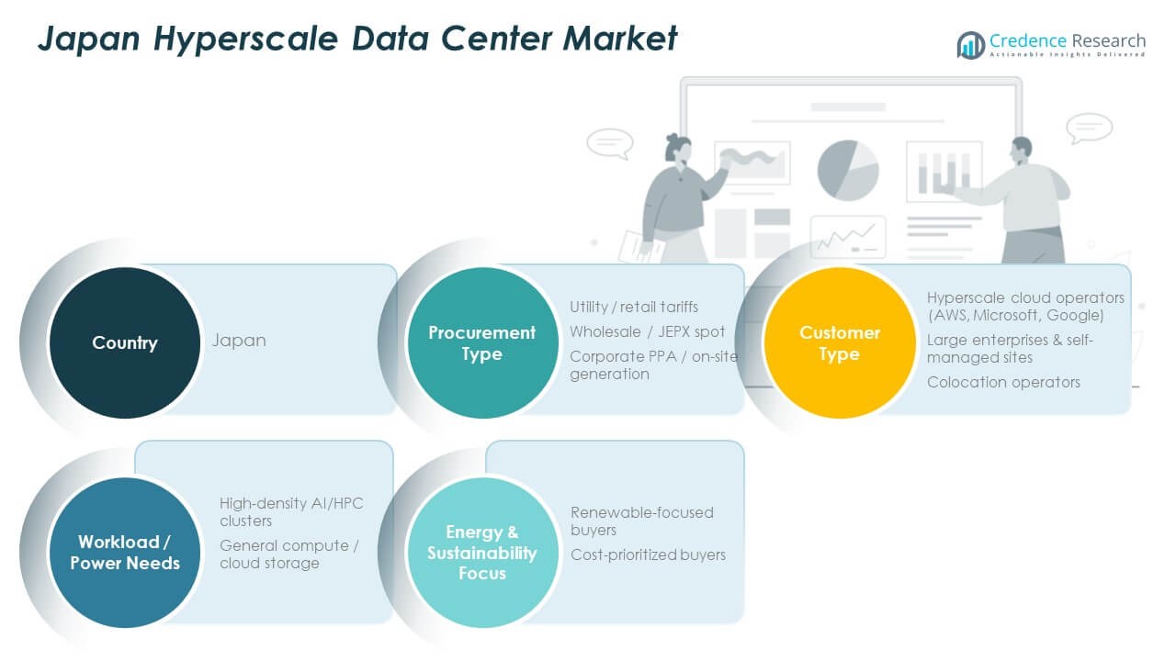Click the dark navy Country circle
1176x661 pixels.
pyautogui.click(x=124, y=342)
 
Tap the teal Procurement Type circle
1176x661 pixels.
pyautogui.click(x=481, y=342)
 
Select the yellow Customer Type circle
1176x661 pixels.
pyautogui.click(x=839, y=342)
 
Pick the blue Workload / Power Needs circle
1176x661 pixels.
pyautogui.click(x=124, y=553)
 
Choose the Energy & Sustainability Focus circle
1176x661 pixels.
pyautogui.click(x=481, y=553)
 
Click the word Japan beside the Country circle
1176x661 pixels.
pyautogui.click(x=239, y=340)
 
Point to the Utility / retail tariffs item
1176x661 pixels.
pyautogui.click(x=633, y=307)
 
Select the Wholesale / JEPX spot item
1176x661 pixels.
pyautogui.click(x=647, y=331)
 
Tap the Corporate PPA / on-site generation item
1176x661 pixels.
pyautogui.click(x=653, y=364)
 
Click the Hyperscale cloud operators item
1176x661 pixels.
pyautogui.click(x=1024, y=307)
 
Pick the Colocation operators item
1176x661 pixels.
pyautogui.click(x=1003, y=382)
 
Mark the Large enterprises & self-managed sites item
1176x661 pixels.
pyautogui.click(x=1010, y=349)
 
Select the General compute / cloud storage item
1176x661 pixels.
pyautogui.click(x=288, y=554)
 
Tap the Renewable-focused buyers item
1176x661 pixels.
pyautogui.click(x=641, y=521)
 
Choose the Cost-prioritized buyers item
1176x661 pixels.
pyautogui.click(x=648, y=555)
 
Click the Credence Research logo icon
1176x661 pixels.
pyautogui.click(x=970, y=44)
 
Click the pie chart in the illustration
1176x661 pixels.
pyautogui.click(x=847, y=170)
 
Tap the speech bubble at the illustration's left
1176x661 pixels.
pyautogui.click(x=610, y=143)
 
